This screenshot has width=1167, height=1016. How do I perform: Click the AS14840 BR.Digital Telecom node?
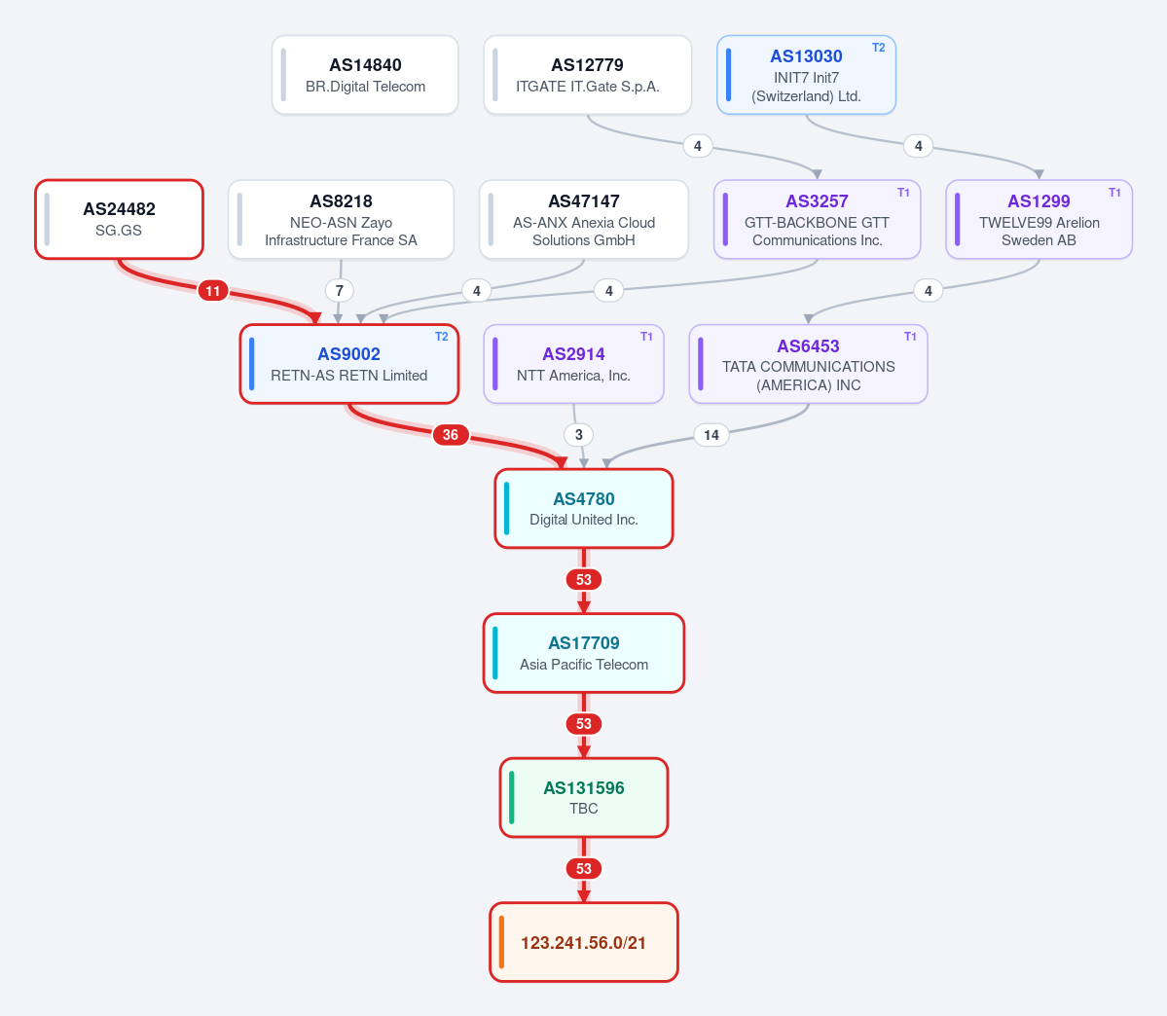(x=365, y=75)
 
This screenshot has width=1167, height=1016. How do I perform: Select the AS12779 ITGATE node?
(x=587, y=75)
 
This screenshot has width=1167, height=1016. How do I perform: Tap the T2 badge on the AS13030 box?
(x=878, y=48)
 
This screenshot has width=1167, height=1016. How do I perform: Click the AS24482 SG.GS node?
(x=119, y=220)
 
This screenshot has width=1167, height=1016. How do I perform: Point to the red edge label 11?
(x=213, y=291)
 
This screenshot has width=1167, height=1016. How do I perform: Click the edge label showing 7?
(x=340, y=291)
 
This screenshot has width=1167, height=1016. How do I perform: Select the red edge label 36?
(x=451, y=435)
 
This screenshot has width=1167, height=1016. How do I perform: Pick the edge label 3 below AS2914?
(x=579, y=435)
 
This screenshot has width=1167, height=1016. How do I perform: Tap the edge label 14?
(x=711, y=435)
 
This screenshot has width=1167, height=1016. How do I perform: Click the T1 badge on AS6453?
(x=909, y=337)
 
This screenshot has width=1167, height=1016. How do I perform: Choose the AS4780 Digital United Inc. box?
(x=584, y=508)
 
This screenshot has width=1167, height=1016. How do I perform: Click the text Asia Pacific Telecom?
(x=584, y=665)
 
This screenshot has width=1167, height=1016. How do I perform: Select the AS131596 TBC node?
(x=584, y=797)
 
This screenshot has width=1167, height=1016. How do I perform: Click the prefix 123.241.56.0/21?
(x=584, y=942)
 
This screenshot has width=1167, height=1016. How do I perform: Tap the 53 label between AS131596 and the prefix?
(x=584, y=869)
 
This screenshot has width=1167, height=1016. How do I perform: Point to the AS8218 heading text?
(x=341, y=201)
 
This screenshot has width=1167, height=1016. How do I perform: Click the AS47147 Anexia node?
(x=584, y=220)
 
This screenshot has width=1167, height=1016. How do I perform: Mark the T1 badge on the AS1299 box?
(x=1114, y=193)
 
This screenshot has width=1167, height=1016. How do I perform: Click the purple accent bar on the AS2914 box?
(x=495, y=364)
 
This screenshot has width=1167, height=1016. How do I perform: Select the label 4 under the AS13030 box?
(x=919, y=146)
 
